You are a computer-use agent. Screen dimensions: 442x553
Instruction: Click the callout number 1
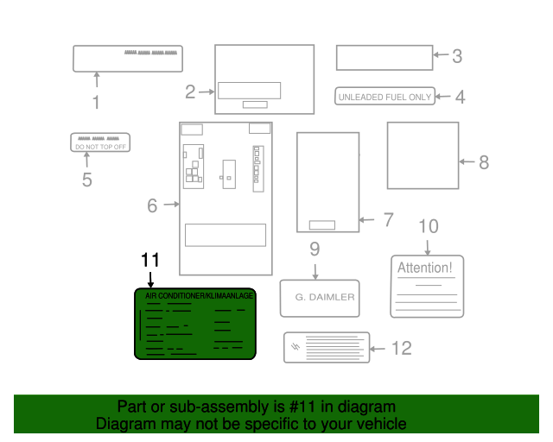coord(96,103)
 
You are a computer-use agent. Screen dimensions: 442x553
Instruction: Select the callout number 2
coord(189,90)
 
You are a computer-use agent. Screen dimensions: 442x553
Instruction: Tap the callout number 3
coord(457,56)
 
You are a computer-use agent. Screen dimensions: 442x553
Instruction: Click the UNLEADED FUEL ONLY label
coord(385,97)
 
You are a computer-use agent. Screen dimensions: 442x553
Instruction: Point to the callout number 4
coord(460,97)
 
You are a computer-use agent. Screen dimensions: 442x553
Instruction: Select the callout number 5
coord(86,180)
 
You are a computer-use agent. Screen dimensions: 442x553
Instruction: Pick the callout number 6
coord(152,205)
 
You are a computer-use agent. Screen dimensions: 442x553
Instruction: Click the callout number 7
coord(388,220)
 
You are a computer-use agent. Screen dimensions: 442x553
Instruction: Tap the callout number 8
coord(484,161)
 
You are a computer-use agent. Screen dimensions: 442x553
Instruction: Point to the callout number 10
coord(429,227)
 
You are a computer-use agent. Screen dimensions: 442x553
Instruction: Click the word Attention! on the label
coord(424,268)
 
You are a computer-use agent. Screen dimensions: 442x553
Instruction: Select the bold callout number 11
coord(150,260)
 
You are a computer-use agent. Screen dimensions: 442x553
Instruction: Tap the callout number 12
coord(402,348)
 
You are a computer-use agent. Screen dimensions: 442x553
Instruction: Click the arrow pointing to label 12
coord(378,349)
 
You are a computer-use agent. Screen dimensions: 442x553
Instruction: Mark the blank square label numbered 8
coord(423,155)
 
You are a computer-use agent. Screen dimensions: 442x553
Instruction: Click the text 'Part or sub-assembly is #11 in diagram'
coord(257,407)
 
